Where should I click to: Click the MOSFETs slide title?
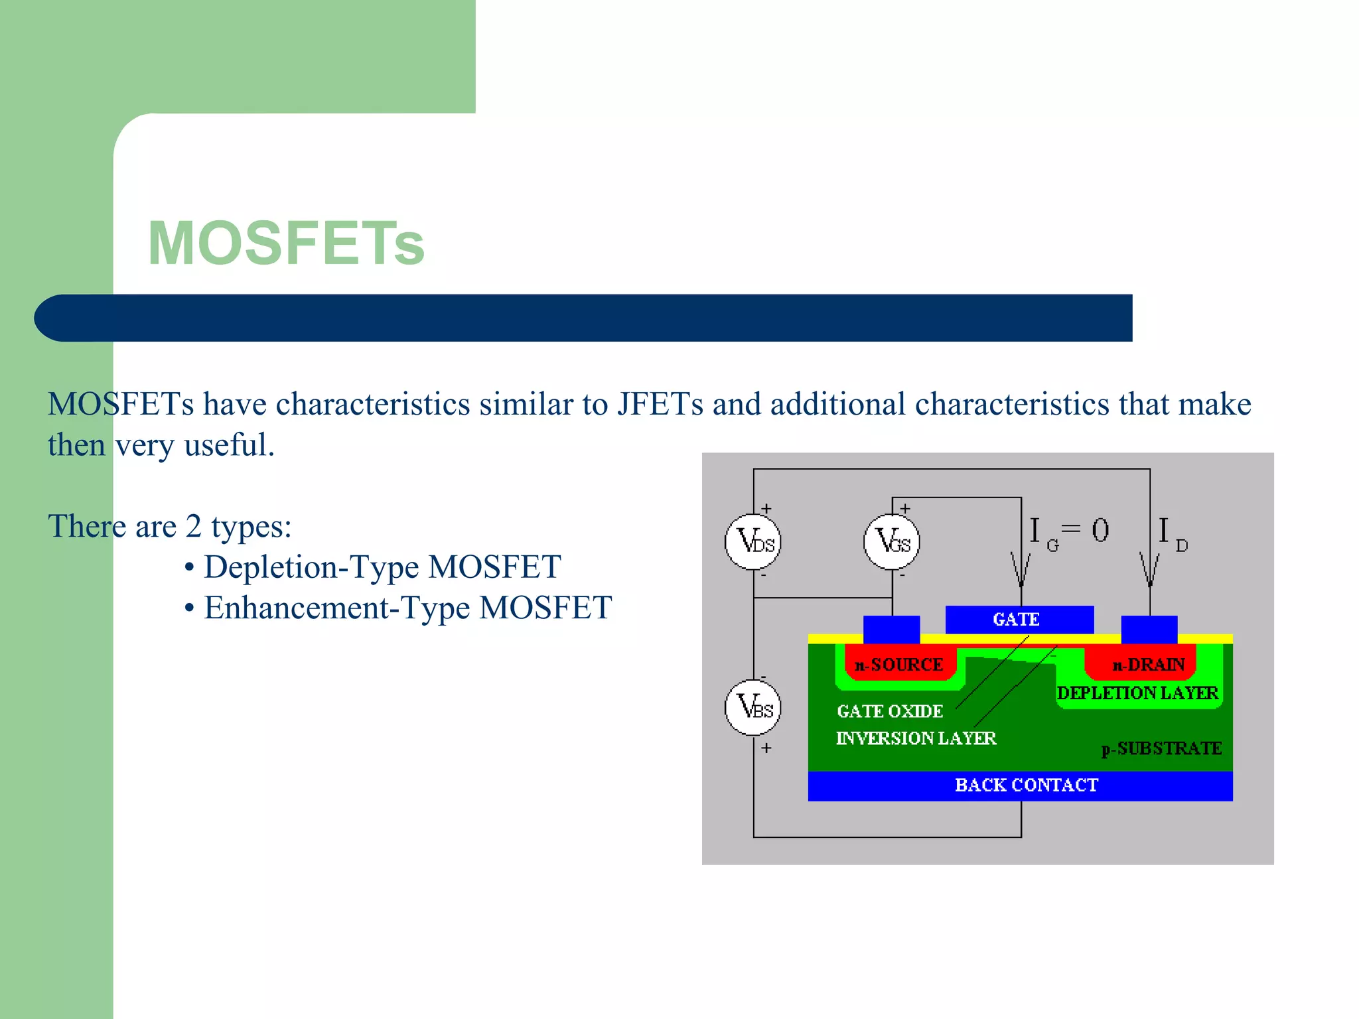(x=285, y=243)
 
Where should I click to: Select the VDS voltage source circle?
(x=753, y=542)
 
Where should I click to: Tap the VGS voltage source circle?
(x=892, y=542)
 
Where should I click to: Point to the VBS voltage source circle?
(x=753, y=707)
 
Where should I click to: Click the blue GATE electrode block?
(x=1019, y=620)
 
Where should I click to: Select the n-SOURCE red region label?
(x=899, y=665)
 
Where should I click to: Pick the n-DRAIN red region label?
(x=1148, y=665)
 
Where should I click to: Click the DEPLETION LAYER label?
(x=1137, y=693)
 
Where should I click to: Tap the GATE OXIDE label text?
(x=890, y=711)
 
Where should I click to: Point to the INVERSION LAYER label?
(x=916, y=738)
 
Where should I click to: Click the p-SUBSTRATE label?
(x=1161, y=749)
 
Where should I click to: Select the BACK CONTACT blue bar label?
(x=1026, y=785)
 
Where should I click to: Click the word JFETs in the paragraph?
(x=660, y=404)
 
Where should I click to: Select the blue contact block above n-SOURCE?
(x=891, y=630)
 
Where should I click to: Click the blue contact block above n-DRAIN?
(x=1149, y=630)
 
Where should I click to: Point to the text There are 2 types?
(x=170, y=527)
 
